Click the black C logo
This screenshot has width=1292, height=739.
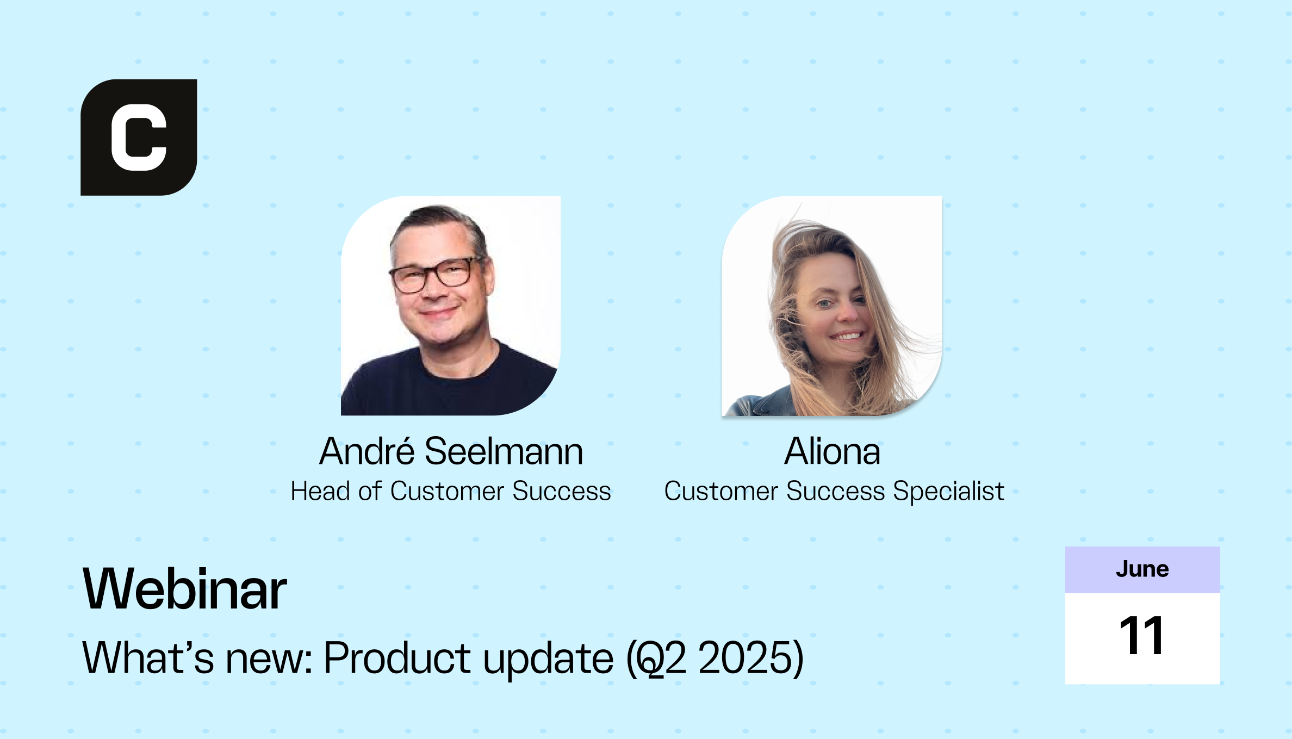click(x=139, y=137)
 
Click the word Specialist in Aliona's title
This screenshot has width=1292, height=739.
click(x=948, y=492)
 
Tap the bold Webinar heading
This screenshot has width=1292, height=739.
click(x=184, y=589)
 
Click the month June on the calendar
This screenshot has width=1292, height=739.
click(x=1142, y=569)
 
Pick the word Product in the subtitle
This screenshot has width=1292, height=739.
click(x=397, y=657)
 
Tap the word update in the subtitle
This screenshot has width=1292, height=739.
click(x=549, y=659)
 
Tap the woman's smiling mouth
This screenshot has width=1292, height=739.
click(x=846, y=336)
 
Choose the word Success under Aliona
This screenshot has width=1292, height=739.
click(x=836, y=491)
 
